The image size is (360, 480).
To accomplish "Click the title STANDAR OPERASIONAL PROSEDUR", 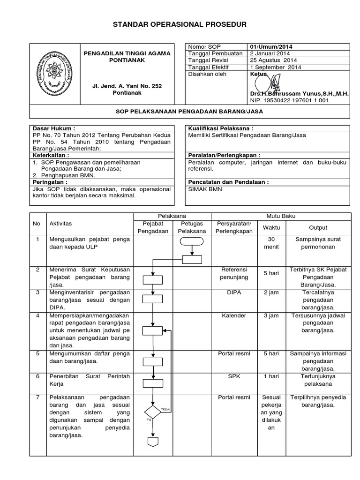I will (180, 24).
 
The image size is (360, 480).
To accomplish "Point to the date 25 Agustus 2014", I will (273, 60).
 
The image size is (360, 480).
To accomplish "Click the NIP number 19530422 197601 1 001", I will (289, 100).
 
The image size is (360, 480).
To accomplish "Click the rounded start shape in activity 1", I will (192, 242).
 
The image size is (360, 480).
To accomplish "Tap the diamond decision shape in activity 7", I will (152, 412).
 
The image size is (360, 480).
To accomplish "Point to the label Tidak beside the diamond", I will (165, 409).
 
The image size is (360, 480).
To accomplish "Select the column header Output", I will (318, 227).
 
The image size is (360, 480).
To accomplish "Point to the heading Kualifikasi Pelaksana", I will (220, 128).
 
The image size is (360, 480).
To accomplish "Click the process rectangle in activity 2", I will (152, 280).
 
